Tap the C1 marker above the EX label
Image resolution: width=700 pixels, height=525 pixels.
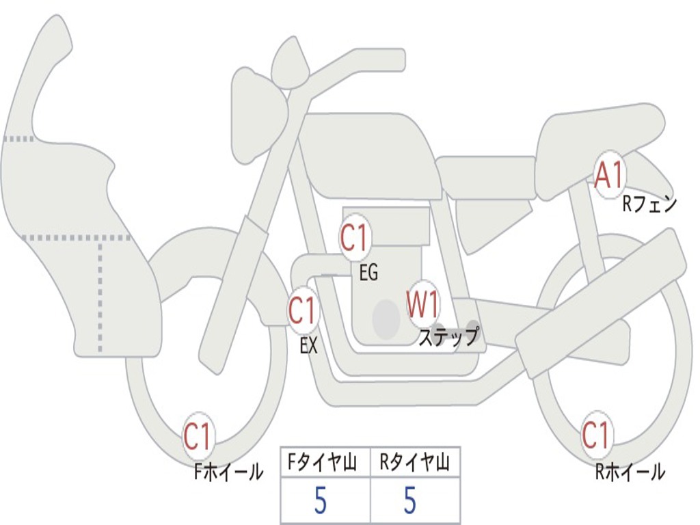[302, 312]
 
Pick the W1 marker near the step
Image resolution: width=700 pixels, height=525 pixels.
[422, 305]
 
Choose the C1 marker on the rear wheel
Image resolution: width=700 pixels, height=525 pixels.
[595, 435]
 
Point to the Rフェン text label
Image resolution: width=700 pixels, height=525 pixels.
[649, 204]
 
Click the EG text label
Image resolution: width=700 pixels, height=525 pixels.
[368, 273]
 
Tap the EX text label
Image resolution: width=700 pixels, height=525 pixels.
[309, 346]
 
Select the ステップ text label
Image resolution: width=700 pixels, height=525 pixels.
[448, 338]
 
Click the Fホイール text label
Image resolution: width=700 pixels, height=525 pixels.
[228, 472]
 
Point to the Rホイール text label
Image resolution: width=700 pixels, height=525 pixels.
[630, 472]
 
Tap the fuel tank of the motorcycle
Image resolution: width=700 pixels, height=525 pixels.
[369, 154]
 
